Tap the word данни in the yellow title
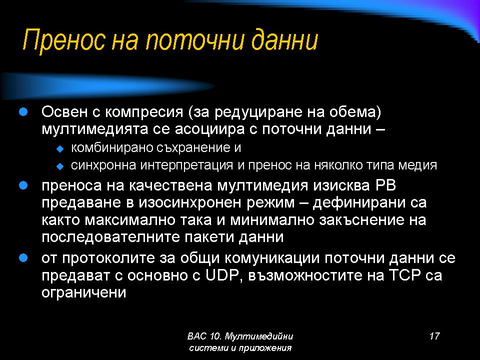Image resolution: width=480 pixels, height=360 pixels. (284, 40)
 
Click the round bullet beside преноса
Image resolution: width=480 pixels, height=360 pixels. (23, 185)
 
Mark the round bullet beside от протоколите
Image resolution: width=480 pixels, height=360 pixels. (23, 258)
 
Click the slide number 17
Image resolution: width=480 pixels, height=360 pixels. (434, 336)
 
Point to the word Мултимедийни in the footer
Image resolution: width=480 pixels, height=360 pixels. (258, 336)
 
